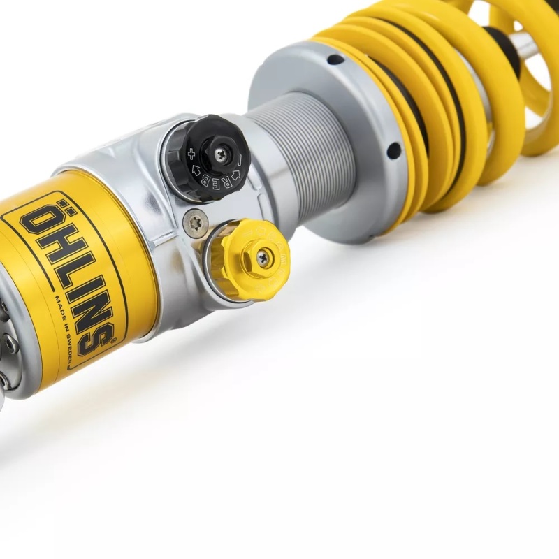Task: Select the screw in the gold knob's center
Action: tap(263, 257)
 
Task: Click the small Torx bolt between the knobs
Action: tap(196, 223)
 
